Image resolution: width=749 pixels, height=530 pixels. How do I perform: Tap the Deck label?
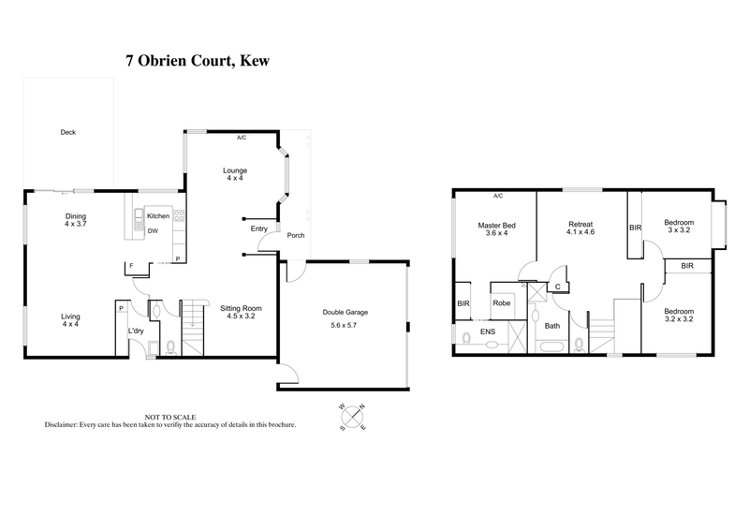pyautogui.click(x=67, y=133)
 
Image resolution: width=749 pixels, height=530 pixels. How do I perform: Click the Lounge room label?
pyautogui.click(x=235, y=170)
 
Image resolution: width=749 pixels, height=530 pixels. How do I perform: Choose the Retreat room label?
pyautogui.click(x=581, y=223)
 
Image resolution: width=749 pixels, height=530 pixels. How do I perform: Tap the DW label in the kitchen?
pyautogui.click(x=153, y=230)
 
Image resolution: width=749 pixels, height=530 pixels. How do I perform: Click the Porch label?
pyautogui.click(x=296, y=235)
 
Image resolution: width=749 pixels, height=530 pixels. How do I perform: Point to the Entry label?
pyautogui.click(x=259, y=228)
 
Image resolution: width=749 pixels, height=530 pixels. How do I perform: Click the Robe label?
pyautogui.click(x=502, y=303)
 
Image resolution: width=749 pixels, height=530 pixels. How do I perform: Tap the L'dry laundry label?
pyautogui.click(x=135, y=330)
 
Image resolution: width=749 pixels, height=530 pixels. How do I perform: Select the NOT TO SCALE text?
pyautogui.click(x=166, y=416)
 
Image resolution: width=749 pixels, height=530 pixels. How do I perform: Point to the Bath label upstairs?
pyautogui.click(x=552, y=326)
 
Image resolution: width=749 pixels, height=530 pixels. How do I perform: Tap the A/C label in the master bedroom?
pyautogui.click(x=497, y=197)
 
